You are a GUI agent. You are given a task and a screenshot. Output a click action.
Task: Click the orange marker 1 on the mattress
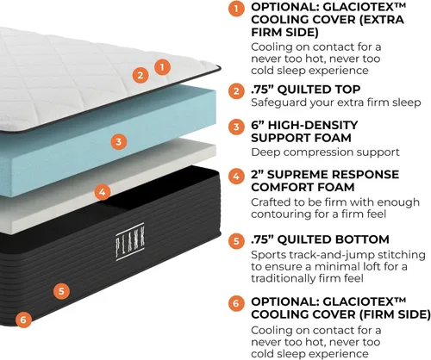click(162, 67)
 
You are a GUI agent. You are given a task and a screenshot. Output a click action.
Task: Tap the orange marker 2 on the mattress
click(141, 75)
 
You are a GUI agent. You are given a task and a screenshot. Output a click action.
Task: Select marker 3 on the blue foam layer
click(119, 141)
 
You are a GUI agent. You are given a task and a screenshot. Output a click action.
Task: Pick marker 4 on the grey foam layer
click(103, 192)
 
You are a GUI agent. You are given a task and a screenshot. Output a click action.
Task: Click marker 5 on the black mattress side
click(61, 291)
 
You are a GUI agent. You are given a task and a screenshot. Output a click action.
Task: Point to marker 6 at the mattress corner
click(23, 320)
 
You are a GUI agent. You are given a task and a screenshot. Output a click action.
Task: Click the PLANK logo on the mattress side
click(130, 242)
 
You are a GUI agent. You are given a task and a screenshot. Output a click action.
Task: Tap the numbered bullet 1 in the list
click(236, 9)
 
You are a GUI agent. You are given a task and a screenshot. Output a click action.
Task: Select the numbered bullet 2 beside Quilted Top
click(236, 91)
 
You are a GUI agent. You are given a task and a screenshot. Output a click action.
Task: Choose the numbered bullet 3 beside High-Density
click(236, 127)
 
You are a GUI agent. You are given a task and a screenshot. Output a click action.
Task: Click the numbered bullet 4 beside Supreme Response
click(236, 176)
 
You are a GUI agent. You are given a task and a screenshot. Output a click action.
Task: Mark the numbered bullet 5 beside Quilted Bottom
click(236, 240)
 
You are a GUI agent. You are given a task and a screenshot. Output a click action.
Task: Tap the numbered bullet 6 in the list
click(236, 303)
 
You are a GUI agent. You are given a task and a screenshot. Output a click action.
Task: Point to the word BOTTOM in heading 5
click(362, 239)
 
